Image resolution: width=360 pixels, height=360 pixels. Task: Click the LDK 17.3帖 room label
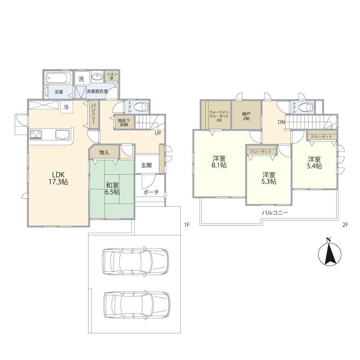click(x=58, y=178)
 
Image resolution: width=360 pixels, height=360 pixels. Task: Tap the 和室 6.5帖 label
click(x=112, y=189)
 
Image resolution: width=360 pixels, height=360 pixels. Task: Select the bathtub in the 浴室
click(x=58, y=78)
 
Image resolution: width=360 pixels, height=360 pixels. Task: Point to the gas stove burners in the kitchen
click(x=36, y=135)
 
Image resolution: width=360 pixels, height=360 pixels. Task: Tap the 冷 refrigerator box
click(x=66, y=107)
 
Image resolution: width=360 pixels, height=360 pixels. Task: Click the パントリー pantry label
click(x=94, y=114)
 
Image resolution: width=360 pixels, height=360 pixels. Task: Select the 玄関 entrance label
click(x=146, y=165)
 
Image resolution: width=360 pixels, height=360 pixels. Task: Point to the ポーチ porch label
click(x=151, y=192)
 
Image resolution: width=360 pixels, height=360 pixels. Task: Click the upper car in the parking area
click(x=135, y=261)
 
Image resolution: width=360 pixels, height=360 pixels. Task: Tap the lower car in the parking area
click(x=137, y=305)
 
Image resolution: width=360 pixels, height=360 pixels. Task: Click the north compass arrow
click(x=330, y=254)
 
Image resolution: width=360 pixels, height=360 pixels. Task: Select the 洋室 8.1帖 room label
click(x=219, y=162)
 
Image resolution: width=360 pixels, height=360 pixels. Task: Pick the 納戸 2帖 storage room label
click(x=246, y=116)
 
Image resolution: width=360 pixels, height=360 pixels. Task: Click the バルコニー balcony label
click(x=275, y=213)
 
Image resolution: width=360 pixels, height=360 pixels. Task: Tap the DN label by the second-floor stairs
click(x=281, y=122)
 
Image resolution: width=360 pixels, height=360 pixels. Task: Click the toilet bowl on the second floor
click(x=306, y=107)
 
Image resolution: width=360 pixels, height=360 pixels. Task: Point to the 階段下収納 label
click(x=124, y=123)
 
